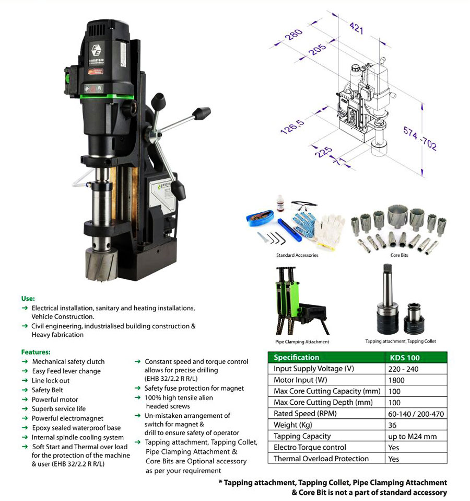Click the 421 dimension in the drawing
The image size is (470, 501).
(356, 28)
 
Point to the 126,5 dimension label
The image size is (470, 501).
(292, 127)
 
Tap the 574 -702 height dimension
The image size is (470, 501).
(419, 138)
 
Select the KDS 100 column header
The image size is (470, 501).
(405, 358)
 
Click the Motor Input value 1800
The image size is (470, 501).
(396, 380)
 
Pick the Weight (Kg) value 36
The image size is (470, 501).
(392, 425)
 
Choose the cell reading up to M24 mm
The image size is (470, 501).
(412, 437)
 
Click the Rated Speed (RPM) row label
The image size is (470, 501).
(305, 414)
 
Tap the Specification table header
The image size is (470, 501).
(296, 357)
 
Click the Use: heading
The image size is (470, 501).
(28, 299)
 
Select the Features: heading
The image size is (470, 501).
(36, 352)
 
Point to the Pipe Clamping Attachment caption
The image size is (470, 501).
(302, 341)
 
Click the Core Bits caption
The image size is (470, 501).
(399, 255)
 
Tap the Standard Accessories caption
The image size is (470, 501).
(297, 255)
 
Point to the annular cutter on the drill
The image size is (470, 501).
(101, 264)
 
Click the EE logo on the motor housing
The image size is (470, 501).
(97, 50)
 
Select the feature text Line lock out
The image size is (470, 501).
(51, 381)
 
